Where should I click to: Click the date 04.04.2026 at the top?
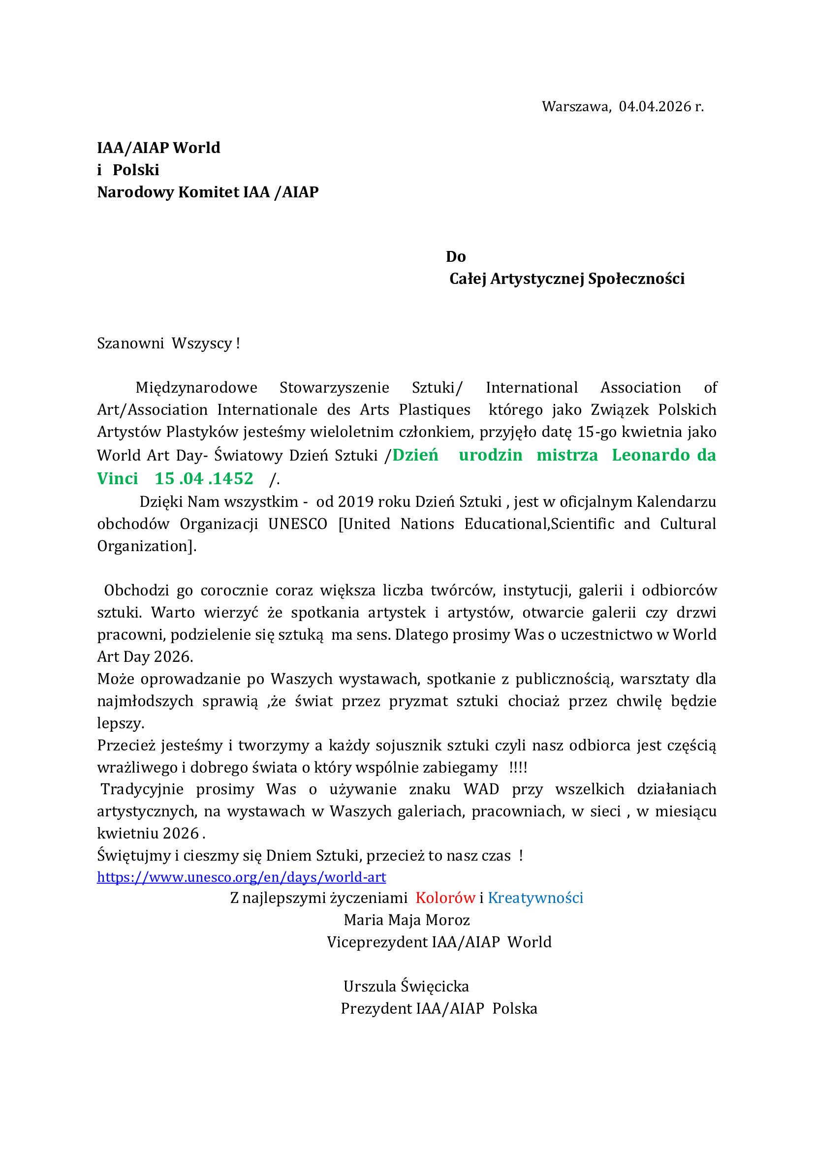pos(655,107)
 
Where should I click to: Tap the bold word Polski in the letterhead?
pos(136,170)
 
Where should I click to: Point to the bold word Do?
pos(456,257)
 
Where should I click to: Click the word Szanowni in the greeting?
pos(130,343)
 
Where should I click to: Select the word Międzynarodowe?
pos(196,387)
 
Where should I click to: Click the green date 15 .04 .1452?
pos(204,478)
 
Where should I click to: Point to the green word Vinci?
pos(118,478)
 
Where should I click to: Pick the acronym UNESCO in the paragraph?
pos(298,524)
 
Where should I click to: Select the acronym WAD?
pos(481,789)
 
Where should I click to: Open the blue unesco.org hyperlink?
pos(242,877)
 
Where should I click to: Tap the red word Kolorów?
pos(445,898)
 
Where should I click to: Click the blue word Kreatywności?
pos(535,898)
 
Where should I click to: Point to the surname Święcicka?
pos(435,986)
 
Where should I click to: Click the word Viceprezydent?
pos(377,942)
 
